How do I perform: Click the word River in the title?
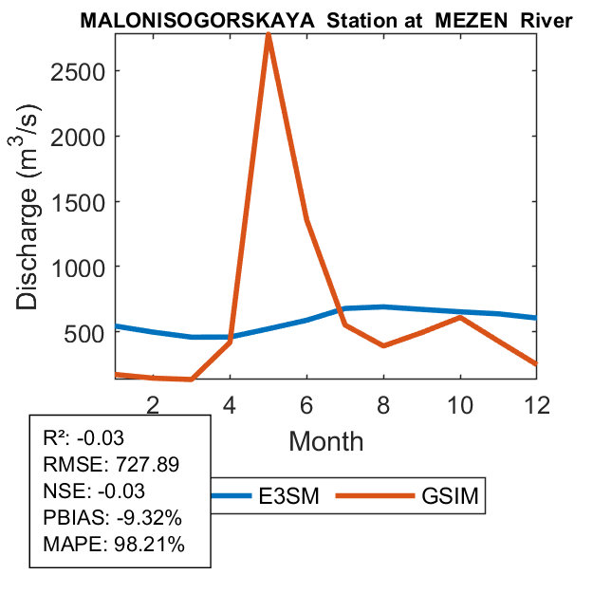pyautogui.click(x=547, y=20)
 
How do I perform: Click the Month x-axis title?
pyautogui.click(x=325, y=440)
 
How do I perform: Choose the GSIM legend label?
pyautogui.click(x=449, y=496)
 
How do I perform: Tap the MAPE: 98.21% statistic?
pyautogui.click(x=114, y=545)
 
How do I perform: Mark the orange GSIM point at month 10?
pyautogui.click(x=460, y=317)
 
